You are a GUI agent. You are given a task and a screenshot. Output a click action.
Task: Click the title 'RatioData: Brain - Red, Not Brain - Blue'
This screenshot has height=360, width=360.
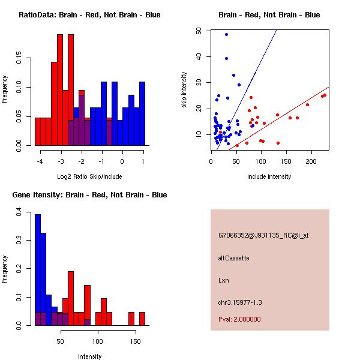89,15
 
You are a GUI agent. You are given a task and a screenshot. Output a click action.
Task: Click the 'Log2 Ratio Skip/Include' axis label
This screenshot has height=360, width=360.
89,176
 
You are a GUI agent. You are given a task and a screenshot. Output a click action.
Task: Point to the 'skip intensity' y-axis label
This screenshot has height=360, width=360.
185,90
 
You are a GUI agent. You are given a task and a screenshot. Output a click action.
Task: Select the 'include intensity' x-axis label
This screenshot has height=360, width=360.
269,176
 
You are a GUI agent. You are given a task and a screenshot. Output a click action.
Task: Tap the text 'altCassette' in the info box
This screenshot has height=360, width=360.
233,258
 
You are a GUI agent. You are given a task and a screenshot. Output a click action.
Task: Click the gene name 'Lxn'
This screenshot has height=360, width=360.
224,280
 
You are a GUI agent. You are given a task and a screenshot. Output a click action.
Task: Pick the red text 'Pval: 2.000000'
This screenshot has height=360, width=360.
239,319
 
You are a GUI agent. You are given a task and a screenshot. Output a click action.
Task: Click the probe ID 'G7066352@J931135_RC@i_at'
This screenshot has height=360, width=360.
263,236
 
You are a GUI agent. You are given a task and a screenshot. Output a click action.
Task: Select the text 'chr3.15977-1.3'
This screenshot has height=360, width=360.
240,302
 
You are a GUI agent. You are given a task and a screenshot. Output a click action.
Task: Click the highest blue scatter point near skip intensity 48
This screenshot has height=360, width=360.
226,34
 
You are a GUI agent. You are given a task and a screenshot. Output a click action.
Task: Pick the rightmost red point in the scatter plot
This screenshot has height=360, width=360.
325,95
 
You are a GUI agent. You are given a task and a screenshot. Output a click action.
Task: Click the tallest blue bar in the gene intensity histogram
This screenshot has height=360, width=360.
37,269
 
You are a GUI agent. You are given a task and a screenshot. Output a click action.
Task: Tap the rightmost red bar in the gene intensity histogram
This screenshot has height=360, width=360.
142,319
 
